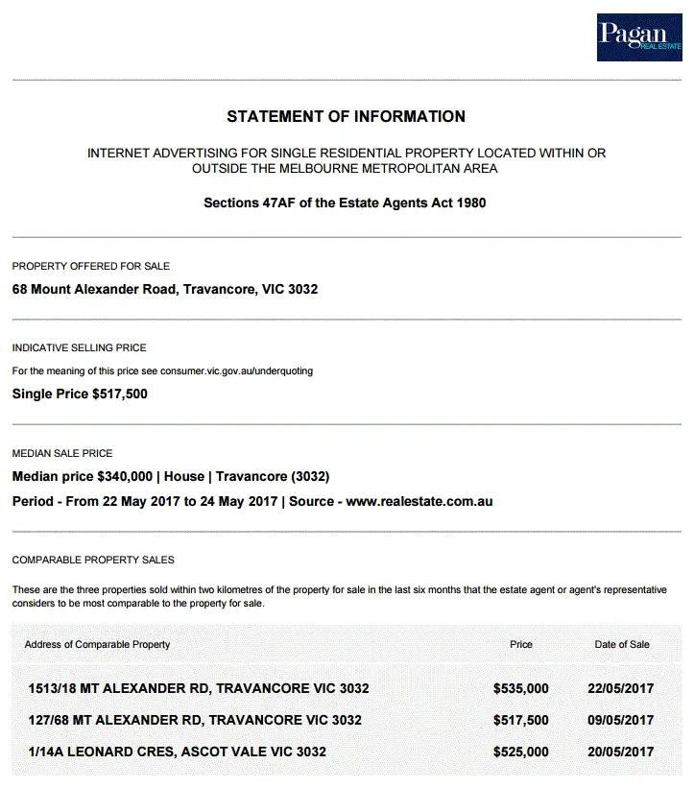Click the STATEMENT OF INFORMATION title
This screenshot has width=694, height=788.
point(346,117)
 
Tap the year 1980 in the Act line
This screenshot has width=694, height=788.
point(469,203)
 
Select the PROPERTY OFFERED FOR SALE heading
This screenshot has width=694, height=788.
point(91,266)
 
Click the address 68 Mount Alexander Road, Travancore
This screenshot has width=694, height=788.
point(165,289)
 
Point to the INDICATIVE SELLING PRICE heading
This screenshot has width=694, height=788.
point(80,347)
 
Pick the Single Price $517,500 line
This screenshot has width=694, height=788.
point(80,394)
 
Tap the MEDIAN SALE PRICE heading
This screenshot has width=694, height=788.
point(62,453)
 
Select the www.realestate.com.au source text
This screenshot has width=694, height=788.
point(419,501)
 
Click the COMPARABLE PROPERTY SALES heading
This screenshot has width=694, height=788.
point(93,560)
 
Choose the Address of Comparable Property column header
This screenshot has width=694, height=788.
point(98,644)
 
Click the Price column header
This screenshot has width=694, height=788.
point(521,644)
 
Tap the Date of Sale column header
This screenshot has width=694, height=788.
point(622,644)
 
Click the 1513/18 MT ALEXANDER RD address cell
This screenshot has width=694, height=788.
point(199,689)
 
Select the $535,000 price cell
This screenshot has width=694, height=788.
point(521,689)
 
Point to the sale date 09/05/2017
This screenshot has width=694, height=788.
point(621,720)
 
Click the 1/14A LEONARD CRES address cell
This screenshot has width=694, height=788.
point(178,752)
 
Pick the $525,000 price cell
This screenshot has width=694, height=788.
point(521,752)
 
